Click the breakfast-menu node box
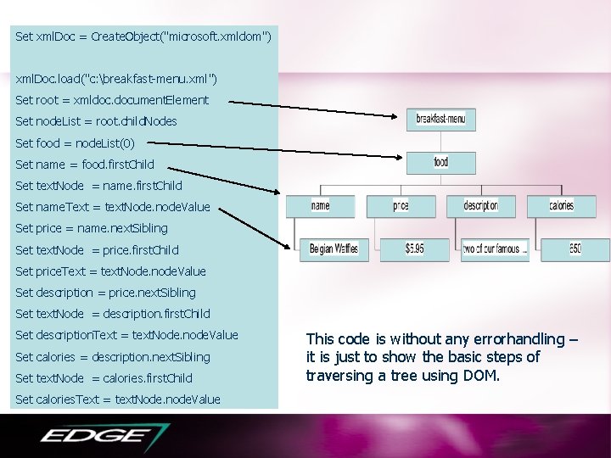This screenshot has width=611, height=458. pyautogui.click(x=441, y=120)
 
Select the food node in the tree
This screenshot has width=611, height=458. pyautogui.click(x=441, y=162)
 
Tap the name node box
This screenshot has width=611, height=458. pyautogui.click(x=321, y=205)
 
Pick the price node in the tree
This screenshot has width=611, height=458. pyautogui.click(x=401, y=205)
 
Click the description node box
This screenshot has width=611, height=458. pyautogui.click(x=481, y=205)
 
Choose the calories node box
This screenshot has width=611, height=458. pyautogui.click(x=561, y=205)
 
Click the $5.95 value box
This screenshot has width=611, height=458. pyautogui.click(x=415, y=249)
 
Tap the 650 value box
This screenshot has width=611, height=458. pyautogui.click(x=575, y=249)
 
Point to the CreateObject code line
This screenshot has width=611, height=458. pyautogui.click(x=143, y=36)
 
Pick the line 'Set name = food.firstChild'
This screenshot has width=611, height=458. pyautogui.click(x=85, y=164)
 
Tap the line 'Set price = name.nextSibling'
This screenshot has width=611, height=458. pyautogui.click(x=92, y=228)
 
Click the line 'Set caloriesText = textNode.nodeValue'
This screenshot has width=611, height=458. pyautogui.click(x=118, y=399)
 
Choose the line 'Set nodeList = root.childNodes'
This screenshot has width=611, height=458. pyautogui.click(x=96, y=121)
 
